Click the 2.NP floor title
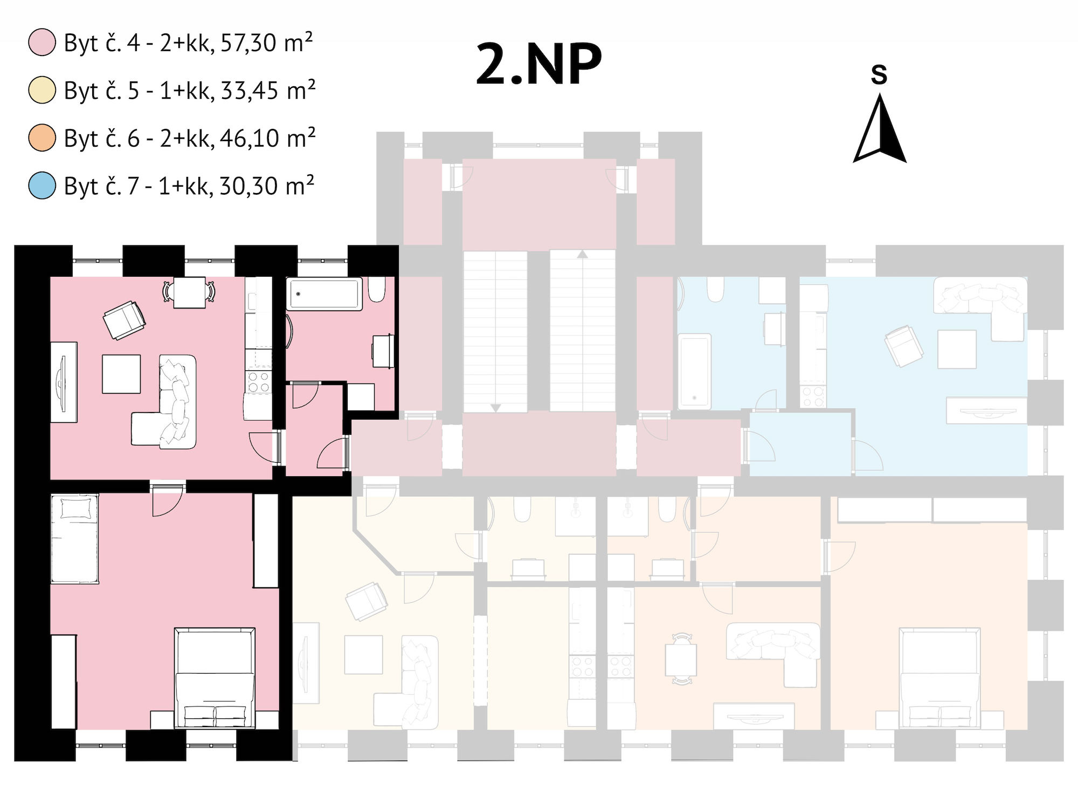pyautogui.click(x=538, y=65)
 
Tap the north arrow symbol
pyautogui.click(x=879, y=128)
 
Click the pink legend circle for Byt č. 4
pyautogui.click(x=42, y=43)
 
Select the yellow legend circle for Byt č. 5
pyautogui.click(x=42, y=90)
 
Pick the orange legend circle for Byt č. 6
pyautogui.click(x=42, y=138)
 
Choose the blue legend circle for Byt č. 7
pyautogui.click(x=42, y=185)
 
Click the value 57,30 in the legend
pyautogui.click(x=248, y=43)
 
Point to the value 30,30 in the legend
pyautogui.click(x=248, y=186)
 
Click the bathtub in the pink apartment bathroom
pyautogui.click(x=324, y=294)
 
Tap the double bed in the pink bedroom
pyautogui.click(x=215, y=678)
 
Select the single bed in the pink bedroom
pyautogui.click(x=75, y=538)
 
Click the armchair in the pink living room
pyautogui.click(x=125, y=320)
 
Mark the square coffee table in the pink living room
pyautogui.click(x=121, y=374)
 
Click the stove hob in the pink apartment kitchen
pyautogui.click(x=258, y=381)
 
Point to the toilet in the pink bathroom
pyautogui.click(x=377, y=290)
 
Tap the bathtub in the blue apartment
pyautogui.click(x=694, y=372)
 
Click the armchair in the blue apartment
pyautogui.click(x=904, y=346)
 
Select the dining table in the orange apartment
pyautogui.click(x=681, y=660)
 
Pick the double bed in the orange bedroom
pyautogui.click(x=939, y=678)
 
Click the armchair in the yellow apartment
pyautogui.click(x=367, y=601)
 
